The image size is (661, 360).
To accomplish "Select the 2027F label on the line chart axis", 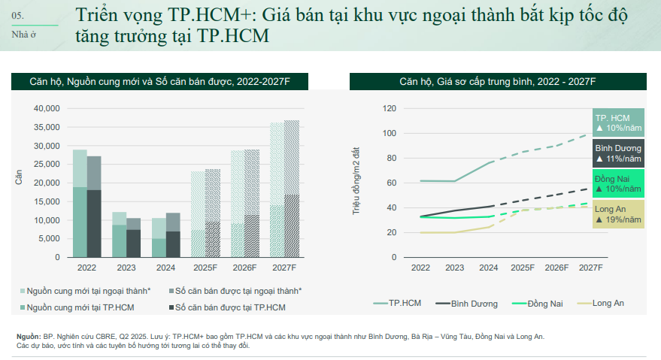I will [x=590, y=268].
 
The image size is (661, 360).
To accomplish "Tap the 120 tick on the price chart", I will [x=390, y=109].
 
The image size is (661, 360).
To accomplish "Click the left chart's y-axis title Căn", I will [x=20, y=178].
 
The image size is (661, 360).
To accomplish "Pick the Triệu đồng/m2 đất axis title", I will [x=358, y=182].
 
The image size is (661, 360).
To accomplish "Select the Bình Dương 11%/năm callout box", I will [x=617, y=154].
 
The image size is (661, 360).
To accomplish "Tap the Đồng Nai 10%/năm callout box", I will [x=617, y=183].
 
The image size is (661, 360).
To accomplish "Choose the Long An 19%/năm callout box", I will [x=617, y=213].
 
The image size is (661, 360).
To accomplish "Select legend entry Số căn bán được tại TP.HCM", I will [x=229, y=307].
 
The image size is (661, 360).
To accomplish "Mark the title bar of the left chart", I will [x=159, y=82].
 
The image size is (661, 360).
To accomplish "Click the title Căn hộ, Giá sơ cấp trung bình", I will [x=497, y=82].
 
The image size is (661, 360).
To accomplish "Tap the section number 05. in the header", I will [x=17, y=15].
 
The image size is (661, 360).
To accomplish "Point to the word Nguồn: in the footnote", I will [x=29, y=336].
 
